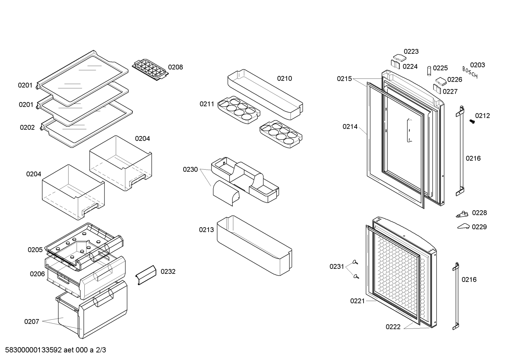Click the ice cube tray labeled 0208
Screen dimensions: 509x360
pyautogui.click(x=150, y=70)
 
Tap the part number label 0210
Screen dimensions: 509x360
pyautogui.click(x=285, y=78)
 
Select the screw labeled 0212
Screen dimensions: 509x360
pyautogui.click(x=472, y=122)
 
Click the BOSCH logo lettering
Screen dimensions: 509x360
pyautogui.click(x=470, y=72)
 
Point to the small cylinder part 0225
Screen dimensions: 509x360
pyautogui.click(x=429, y=71)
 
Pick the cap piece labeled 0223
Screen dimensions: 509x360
pyautogui.click(x=400, y=57)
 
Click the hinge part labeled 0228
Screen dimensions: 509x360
pyautogui.click(x=462, y=214)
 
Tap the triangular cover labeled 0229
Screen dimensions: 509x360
pyautogui.click(x=463, y=226)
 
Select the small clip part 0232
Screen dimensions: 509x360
pyautogui.click(x=146, y=275)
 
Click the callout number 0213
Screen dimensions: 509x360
pyautogui.click(x=206, y=230)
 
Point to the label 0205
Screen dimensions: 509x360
pyautogui.click(x=35, y=250)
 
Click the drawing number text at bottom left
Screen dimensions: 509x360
pyautogui.click(x=55, y=350)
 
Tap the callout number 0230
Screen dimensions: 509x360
pyautogui.click(x=190, y=170)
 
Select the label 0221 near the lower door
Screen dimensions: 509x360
pyautogui.click(x=358, y=301)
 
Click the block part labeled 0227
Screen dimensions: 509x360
pyautogui.click(x=437, y=89)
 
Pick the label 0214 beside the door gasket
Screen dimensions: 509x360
pyautogui.click(x=350, y=127)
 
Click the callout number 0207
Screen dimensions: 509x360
pyautogui.click(x=31, y=321)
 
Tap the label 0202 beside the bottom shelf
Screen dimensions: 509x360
pyautogui.click(x=27, y=127)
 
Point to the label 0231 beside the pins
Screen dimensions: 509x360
pyautogui.click(x=337, y=266)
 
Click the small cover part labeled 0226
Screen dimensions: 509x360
pyautogui.click(x=441, y=81)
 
